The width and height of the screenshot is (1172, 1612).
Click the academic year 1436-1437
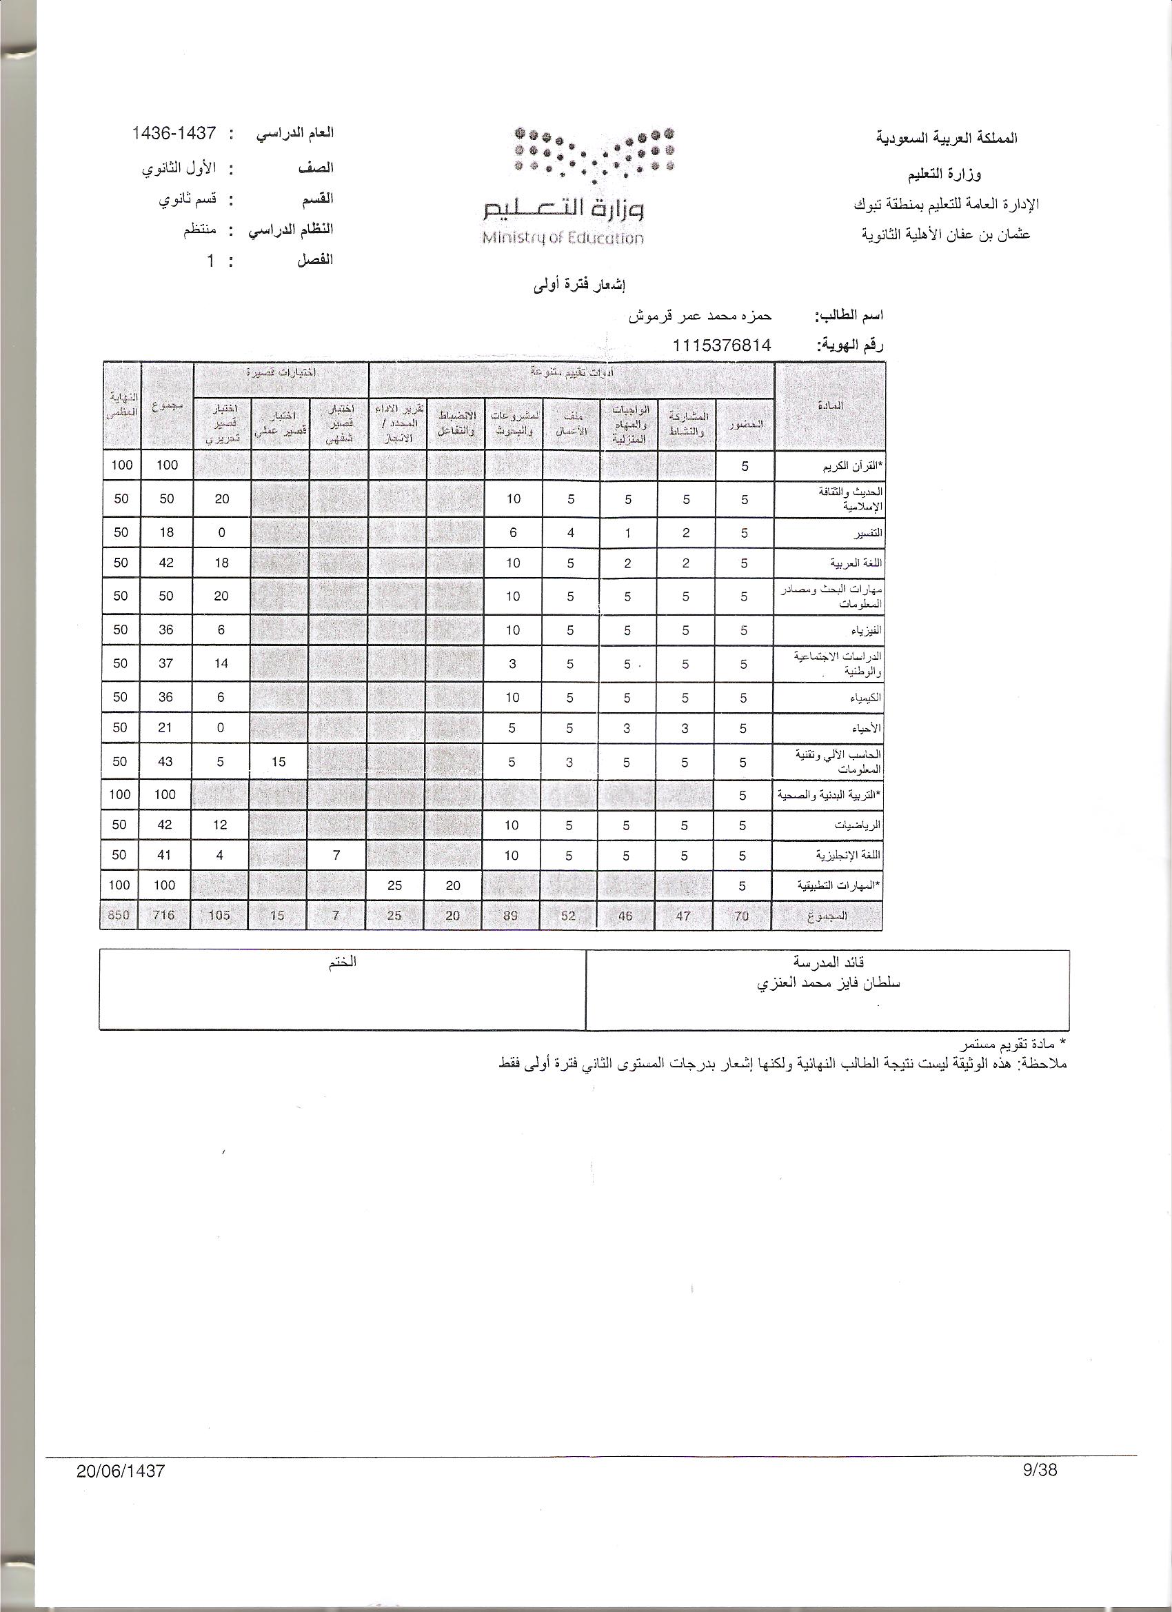pyautogui.click(x=174, y=133)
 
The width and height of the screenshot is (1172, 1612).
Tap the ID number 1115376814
pyautogui.click(x=722, y=345)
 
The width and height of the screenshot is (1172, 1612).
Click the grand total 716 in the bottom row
pyautogui.click(x=164, y=916)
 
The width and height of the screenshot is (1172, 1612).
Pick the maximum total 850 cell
pyautogui.click(x=119, y=916)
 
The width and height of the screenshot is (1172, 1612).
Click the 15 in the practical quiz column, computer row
pyautogui.click(x=278, y=762)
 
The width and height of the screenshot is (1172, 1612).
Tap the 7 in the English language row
pyautogui.click(x=337, y=855)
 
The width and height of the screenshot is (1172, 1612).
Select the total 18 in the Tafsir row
pyautogui.click(x=165, y=532)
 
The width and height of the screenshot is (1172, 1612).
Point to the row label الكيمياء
pyautogui.click(x=867, y=698)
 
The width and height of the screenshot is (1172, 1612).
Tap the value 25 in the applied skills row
pyautogui.click(x=394, y=885)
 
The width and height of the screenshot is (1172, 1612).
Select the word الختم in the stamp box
pyautogui.click(x=343, y=963)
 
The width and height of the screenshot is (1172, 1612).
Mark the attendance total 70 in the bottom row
pyautogui.click(x=741, y=916)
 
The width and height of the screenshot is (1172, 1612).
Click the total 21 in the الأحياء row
pyautogui.click(x=165, y=728)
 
